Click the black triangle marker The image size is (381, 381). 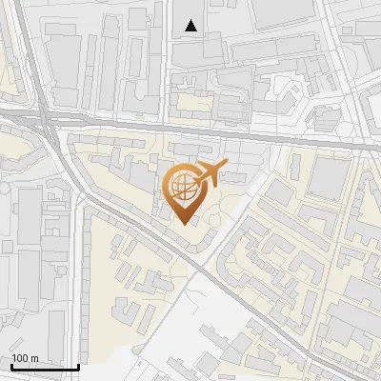point(191,26)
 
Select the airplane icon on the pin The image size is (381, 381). point(210,173)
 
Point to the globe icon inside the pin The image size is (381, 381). point(181,185)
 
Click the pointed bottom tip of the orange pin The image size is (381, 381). point(185,224)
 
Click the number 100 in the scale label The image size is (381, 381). point(20,359)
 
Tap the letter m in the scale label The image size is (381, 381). point(34,359)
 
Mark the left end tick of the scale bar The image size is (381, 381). point(10,367)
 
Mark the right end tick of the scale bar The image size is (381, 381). point(79,367)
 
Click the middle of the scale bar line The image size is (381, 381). point(45,368)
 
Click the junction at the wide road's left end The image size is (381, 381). point(44,116)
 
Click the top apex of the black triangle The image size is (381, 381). point(191,20)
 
